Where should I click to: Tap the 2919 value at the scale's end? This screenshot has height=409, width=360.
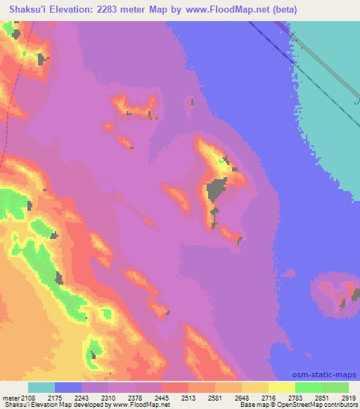tap(349, 398)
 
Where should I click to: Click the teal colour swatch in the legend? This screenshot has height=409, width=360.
tap(41, 387)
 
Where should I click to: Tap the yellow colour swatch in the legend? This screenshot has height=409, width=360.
tap(282, 387)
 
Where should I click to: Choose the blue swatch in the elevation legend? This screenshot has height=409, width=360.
tap(68, 387)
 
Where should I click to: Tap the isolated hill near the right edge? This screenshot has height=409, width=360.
tap(336, 295)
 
